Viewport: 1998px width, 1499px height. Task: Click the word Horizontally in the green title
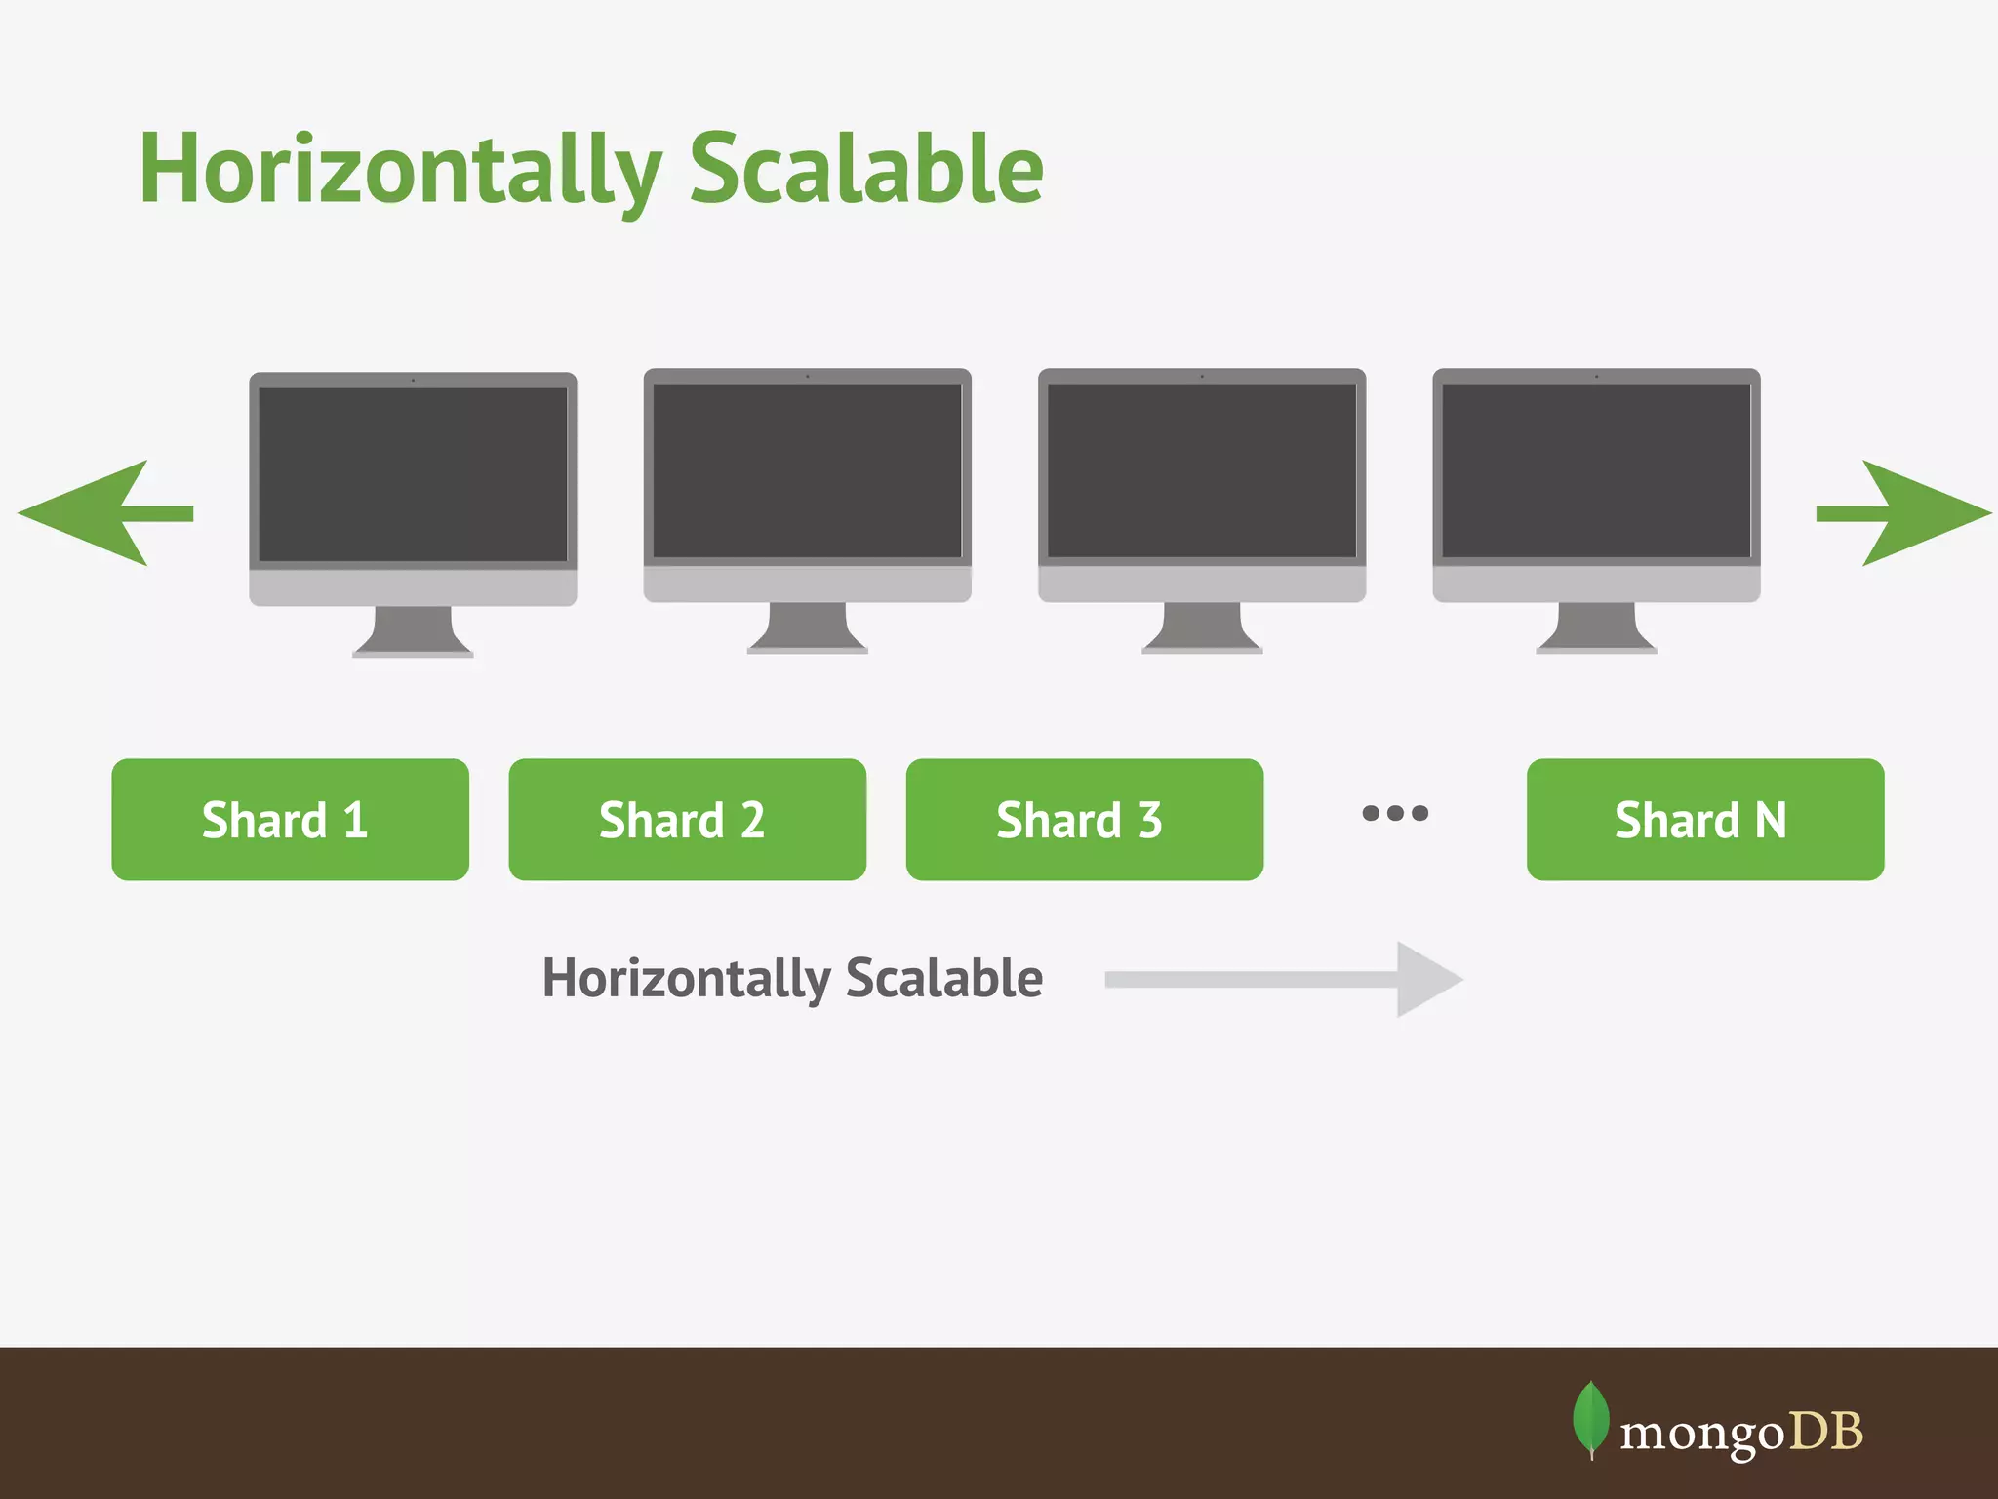tap(400, 171)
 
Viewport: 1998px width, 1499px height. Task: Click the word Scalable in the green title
tap(866, 171)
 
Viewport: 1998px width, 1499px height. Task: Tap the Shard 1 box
tap(290, 820)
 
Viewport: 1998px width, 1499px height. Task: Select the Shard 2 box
tap(687, 820)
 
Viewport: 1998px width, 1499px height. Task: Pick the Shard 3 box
tap(1084, 820)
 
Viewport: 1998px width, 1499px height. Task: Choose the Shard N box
tap(1704, 820)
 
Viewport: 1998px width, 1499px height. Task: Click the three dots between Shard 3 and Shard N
tap(1395, 813)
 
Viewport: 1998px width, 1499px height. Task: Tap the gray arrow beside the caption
tap(1288, 980)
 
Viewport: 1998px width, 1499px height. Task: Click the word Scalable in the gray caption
tap(943, 978)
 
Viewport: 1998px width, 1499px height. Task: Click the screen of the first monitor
tap(413, 474)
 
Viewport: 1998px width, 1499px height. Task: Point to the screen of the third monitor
tap(1202, 470)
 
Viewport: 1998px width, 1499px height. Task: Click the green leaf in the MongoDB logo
tap(1590, 1418)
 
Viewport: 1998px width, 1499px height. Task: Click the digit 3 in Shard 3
tap(1150, 820)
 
